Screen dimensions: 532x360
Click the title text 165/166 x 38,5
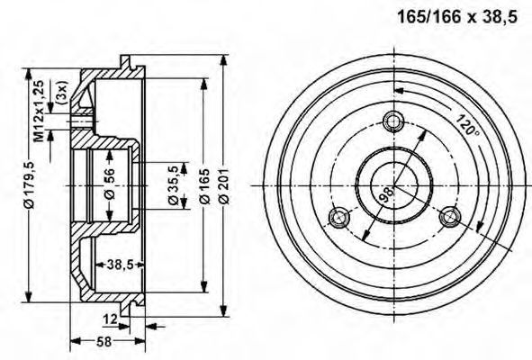coord(457,16)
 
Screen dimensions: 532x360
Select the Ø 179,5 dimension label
coord(30,184)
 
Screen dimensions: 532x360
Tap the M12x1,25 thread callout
coord(39,111)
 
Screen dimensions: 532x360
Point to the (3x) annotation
coord(63,92)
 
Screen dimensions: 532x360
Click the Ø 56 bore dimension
coord(110,184)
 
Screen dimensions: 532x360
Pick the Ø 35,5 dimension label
coord(174,184)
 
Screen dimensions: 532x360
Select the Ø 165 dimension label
coord(205,186)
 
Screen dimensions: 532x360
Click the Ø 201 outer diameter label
coord(224,186)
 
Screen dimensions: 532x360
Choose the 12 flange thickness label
coord(110,319)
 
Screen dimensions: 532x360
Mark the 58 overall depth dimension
coord(104,341)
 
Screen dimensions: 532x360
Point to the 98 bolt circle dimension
coord(386,195)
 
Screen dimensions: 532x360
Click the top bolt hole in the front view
coord(393,121)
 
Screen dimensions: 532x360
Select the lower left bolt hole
coord(339,218)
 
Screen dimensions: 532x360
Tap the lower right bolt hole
coord(450,216)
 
